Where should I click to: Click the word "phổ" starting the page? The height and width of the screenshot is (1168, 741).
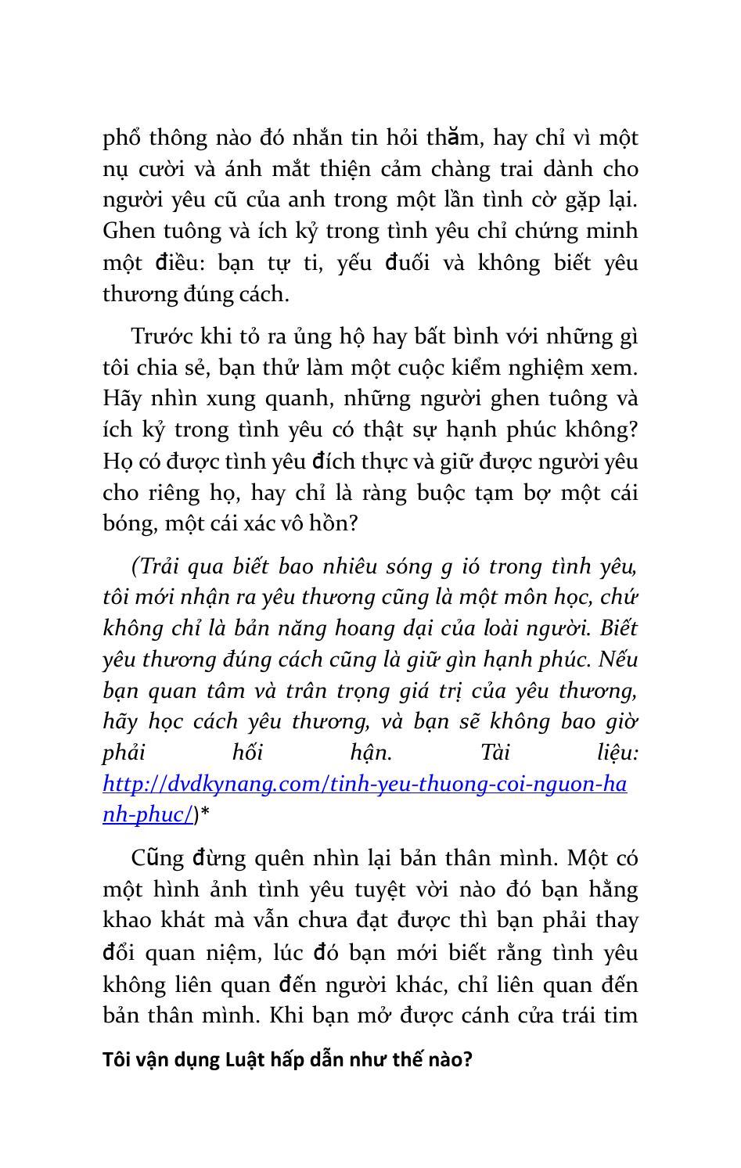pos(121,138)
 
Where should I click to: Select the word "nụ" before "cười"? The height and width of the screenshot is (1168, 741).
pos(116,171)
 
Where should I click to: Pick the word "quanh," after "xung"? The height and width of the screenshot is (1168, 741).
pos(284,399)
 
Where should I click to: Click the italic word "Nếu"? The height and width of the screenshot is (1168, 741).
pos(618,659)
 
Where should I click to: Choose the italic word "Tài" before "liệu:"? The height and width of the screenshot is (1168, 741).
pos(495,753)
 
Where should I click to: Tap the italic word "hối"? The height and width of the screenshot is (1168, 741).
pos(247,753)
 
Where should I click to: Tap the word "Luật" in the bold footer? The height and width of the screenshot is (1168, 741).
pos(246,1060)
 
